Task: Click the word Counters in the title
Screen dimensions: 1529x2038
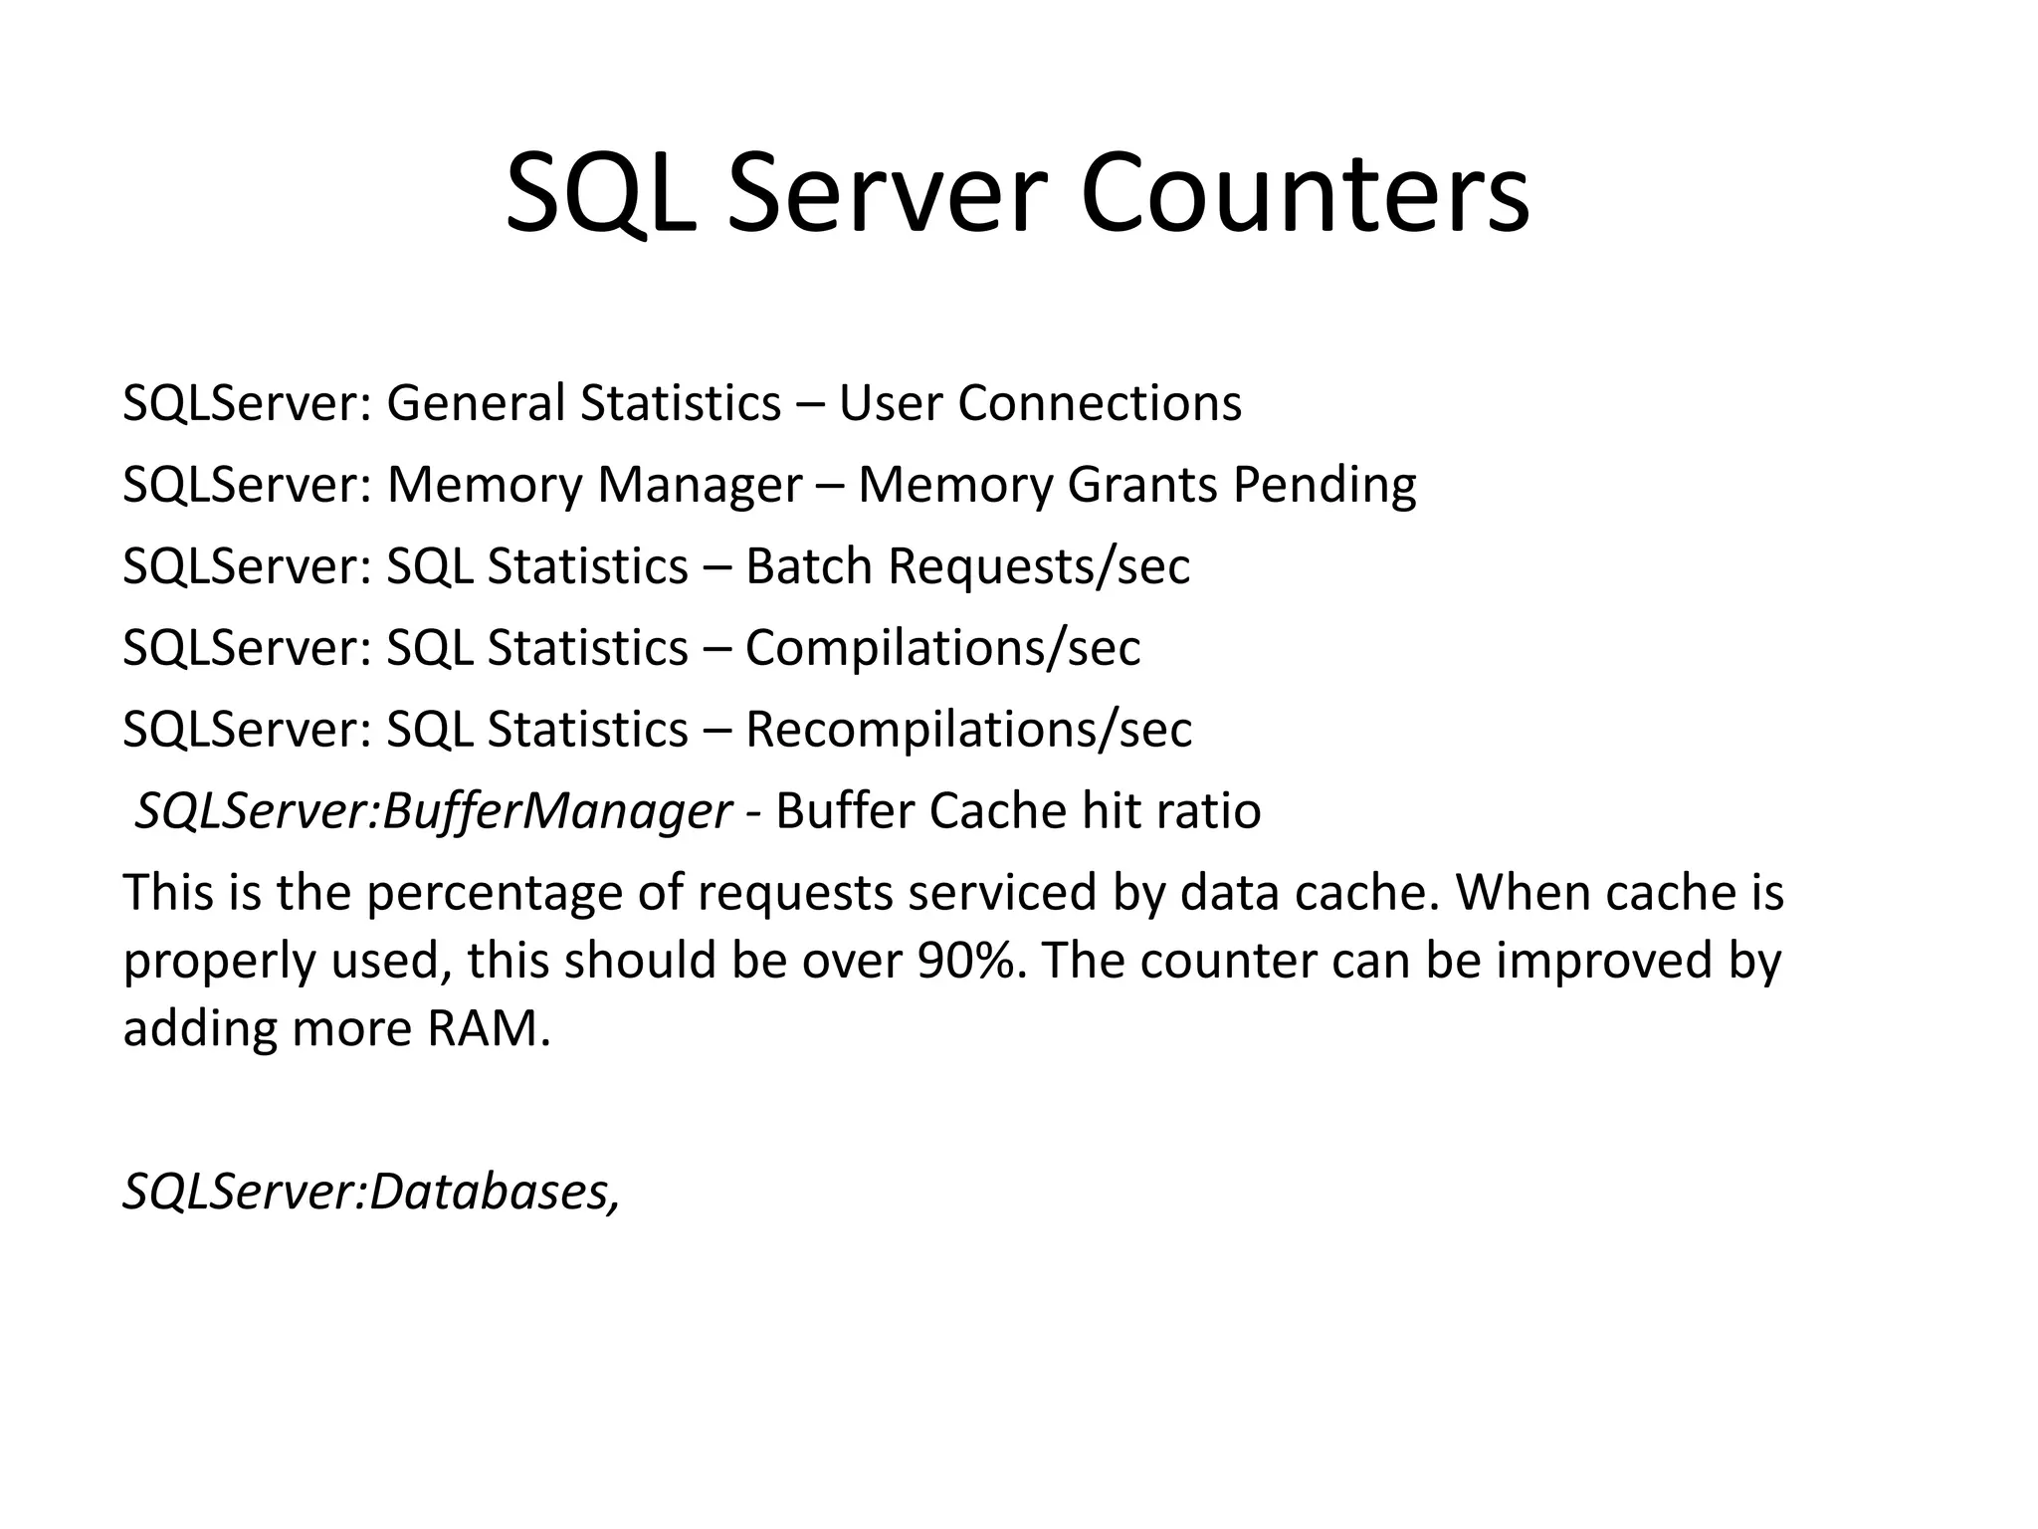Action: click(1305, 194)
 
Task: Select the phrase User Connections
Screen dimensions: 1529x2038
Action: click(1040, 403)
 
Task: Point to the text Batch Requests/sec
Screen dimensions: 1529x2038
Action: click(967, 566)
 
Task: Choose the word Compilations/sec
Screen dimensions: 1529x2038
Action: click(942, 648)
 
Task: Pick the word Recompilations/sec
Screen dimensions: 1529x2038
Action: click(968, 730)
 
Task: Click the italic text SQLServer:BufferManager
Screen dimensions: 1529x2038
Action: click(434, 811)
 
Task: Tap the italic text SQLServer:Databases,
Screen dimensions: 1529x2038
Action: click(371, 1191)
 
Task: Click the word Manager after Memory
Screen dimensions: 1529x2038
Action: click(700, 486)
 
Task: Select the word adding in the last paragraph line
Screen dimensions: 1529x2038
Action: click(199, 1029)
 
